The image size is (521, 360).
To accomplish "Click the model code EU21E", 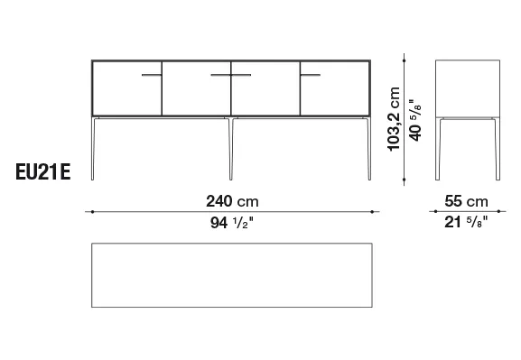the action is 42,172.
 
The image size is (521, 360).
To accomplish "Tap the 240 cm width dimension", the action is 232,201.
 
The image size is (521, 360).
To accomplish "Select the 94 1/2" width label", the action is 232,222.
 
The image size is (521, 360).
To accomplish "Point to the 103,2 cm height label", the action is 394,119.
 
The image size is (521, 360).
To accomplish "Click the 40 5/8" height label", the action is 415,120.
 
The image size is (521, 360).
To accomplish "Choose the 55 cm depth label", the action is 466,201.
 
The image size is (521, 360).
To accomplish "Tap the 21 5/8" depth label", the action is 466,222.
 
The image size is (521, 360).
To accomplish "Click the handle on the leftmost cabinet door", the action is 152,75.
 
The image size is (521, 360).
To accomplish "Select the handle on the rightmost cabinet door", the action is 311,75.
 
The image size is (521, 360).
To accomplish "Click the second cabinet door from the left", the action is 196,88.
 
